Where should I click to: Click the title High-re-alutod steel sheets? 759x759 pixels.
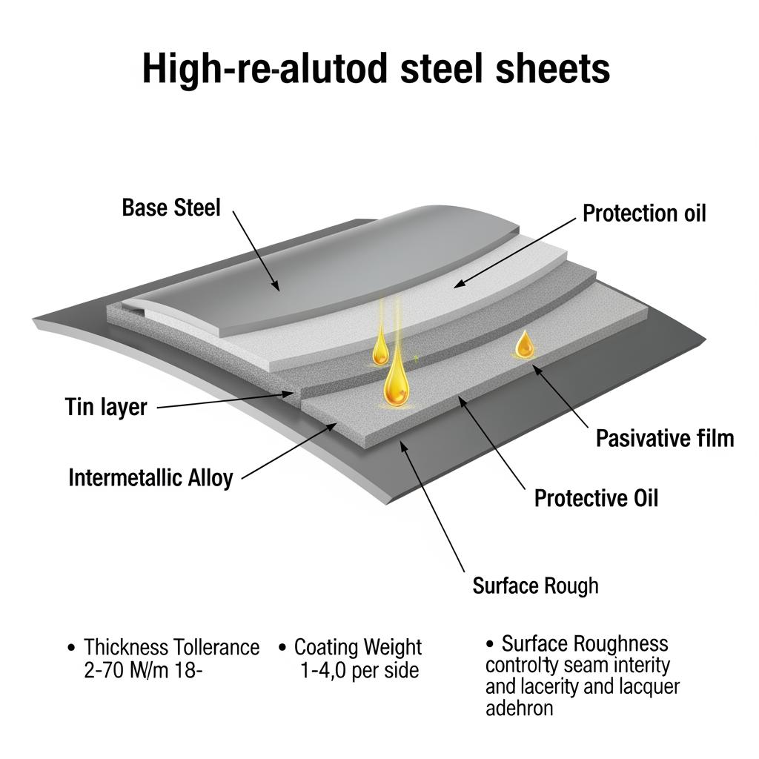click(x=377, y=68)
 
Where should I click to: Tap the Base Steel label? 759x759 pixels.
click(x=171, y=208)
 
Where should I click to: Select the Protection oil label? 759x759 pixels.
click(x=643, y=213)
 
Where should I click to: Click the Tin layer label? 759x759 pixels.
click(x=106, y=406)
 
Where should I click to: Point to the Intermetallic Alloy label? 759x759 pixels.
click(x=150, y=477)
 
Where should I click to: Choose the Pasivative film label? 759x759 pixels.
click(x=664, y=438)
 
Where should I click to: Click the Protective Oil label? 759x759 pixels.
click(x=595, y=497)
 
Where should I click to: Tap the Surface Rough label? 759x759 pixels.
click(x=535, y=586)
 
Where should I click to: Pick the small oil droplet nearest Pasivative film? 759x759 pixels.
click(x=525, y=345)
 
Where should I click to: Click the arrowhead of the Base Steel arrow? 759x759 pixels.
click(x=275, y=286)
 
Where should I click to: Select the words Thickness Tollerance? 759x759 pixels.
click(x=171, y=647)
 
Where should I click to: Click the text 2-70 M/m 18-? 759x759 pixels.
click(x=141, y=671)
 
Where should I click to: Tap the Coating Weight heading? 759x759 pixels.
click(x=358, y=647)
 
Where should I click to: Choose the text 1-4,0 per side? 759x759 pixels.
click(x=359, y=671)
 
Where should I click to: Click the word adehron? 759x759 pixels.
click(x=519, y=708)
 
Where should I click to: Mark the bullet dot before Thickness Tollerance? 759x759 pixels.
click(x=71, y=648)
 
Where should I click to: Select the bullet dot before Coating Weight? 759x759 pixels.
click(x=282, y=648)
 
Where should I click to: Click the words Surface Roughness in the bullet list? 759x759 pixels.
click(x=584, y=643)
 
